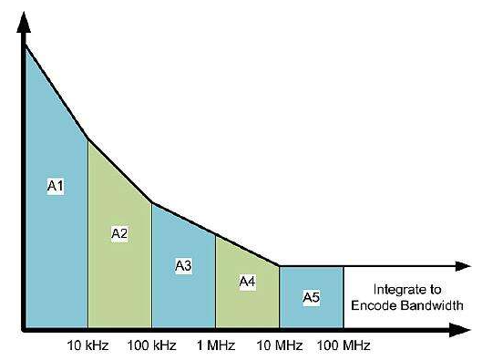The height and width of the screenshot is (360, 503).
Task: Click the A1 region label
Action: [x=55, y=186]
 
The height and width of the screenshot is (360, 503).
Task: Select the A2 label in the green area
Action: [x=118, y=232]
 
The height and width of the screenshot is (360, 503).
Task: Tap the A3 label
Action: [x=182, y=265]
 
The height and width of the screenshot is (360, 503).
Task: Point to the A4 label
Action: [x=246, y=282]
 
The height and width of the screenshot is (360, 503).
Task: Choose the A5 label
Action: [x=311, y=297]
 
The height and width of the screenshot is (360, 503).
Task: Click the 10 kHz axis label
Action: [x=87, y=345]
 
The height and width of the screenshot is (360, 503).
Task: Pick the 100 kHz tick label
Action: [x=151, y=345]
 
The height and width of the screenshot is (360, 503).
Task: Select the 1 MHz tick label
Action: [x=215, y=345]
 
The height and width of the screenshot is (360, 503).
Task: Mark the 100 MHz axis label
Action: [x=344, y=345]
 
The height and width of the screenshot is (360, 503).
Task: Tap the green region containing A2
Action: [x=118, y=273]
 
